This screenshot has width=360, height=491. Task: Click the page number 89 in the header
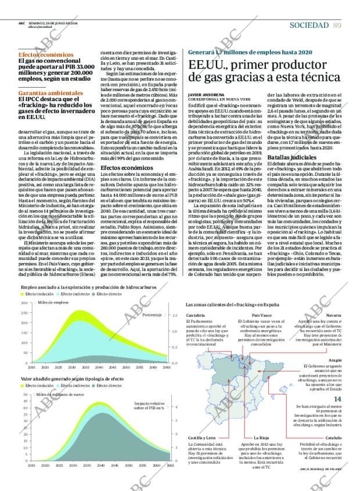click(337, 24)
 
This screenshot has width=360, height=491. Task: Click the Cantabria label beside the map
click(195, 315)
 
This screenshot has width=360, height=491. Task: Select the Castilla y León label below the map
click(202, 436)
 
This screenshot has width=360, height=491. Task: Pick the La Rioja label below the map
click(261, 436)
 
